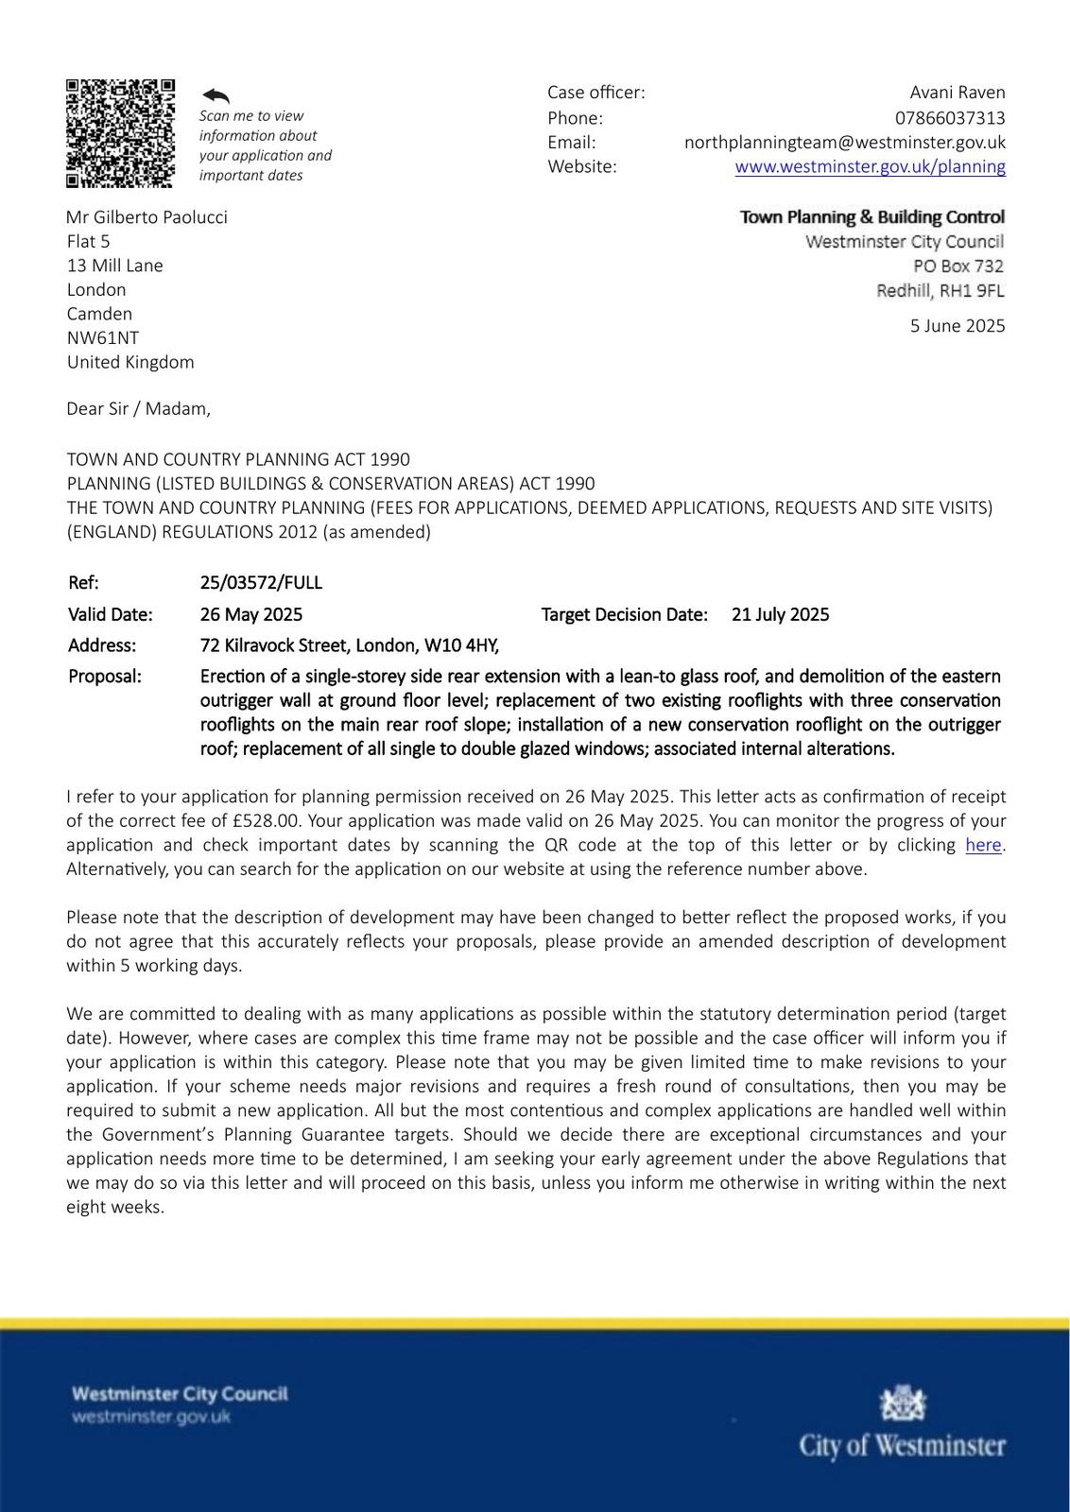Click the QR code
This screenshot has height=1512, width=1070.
coord(120,133)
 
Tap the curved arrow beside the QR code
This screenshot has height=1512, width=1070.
coord(216,95)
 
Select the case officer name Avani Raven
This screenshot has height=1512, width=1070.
coord(957,93)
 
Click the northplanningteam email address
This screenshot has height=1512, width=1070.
coord(844,143)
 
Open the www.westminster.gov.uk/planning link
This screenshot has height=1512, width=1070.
coord(870,167)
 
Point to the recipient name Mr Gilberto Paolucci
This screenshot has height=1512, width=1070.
coord(147,217)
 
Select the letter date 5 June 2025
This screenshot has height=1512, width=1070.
coord(957,326)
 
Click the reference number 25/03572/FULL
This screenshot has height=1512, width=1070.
coord(261,583)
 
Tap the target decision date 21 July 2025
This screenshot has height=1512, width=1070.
coord(780,615)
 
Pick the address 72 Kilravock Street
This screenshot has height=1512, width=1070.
coord(349,646)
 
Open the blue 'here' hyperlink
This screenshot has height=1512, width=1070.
coord(982,846)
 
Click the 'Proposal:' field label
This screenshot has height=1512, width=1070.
coord(104,677)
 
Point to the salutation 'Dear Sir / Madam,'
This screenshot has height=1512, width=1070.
coord(139,409)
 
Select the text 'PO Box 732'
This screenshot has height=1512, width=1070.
coord(958,266)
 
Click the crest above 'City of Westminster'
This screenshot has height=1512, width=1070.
coord(903,1403)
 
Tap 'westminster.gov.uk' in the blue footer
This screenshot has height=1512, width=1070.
coord(151,1417)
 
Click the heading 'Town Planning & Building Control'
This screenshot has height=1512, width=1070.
coord(872,217)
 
